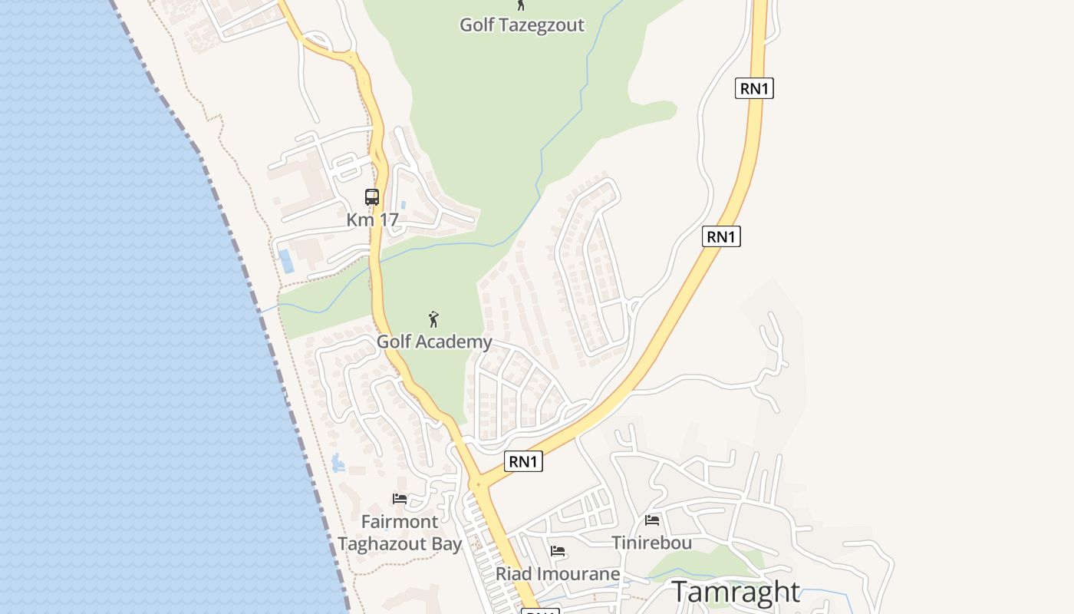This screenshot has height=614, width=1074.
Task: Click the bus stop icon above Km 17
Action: pos(372,197)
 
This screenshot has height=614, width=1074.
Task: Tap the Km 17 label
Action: pos(372,220)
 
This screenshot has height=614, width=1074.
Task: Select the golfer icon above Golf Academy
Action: pos(433,319)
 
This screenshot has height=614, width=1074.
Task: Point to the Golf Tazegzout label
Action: pos(522,25)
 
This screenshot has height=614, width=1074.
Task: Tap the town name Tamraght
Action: pos(736,592)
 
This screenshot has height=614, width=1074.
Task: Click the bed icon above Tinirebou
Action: pos(652,520)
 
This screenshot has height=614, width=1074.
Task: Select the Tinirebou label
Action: pos(652,543)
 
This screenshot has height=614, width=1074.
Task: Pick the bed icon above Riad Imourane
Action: pos(558,551)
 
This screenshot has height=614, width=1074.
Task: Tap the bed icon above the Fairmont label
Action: pos(400,499)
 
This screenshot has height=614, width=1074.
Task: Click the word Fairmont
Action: pos(400,522)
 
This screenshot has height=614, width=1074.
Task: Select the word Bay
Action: pos(446,544)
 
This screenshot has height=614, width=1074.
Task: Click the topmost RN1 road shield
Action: pos(754,88)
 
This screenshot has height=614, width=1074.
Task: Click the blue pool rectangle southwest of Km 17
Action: pos(286,261)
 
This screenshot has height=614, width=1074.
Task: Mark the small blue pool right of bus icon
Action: pos(404,206)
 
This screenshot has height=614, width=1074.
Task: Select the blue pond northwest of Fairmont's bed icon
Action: pos(338,462)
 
